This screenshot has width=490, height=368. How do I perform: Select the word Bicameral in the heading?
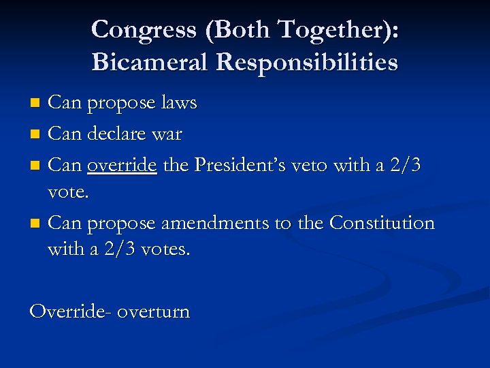(x=150, y=63)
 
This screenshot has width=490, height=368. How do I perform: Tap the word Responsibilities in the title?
(x=307, y=63)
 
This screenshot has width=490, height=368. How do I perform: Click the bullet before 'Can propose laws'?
(x=37, y=104)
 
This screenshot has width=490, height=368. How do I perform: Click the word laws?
(x=180, y=104)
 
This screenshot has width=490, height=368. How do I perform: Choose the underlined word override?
(x=122, y=165)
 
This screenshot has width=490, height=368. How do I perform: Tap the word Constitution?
(x=381, y=222)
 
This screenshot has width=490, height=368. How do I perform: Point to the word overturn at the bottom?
(x=154, y=313)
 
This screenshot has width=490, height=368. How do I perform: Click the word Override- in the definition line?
(x=70, y=312)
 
